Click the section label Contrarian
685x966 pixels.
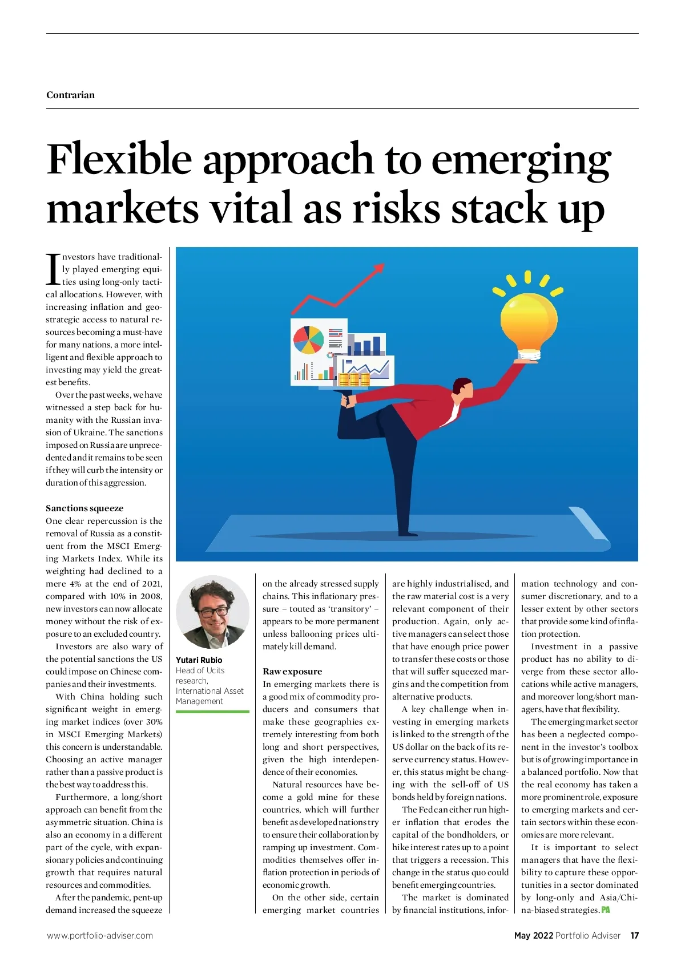[x=70, y=95]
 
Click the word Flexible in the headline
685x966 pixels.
[x=119, y=159]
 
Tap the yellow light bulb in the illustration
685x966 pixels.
[x=528, y=324]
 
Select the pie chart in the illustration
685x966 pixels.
[x=308, y=339]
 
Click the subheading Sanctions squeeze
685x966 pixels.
[x=84, y=508]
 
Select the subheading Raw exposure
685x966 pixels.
[x=292, y=671]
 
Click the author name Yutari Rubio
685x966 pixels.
[x=199, y=660]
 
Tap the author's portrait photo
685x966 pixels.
[x=212, y=612]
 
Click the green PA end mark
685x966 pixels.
[x=606, y=910]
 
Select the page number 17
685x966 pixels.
[x=634, y=935]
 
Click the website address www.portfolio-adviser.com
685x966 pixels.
[x=99, y=935]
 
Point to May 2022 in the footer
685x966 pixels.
[x=533, y=935]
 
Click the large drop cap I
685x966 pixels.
[x=53, y=269]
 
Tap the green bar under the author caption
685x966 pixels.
[x=212, y=712]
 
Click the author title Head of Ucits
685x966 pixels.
[x=200, y=670]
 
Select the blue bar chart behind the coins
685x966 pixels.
[x=367, y=346]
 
